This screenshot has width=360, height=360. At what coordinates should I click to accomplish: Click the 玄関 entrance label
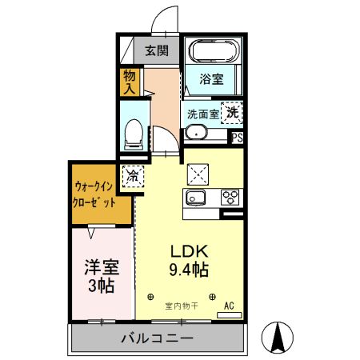[157, 50]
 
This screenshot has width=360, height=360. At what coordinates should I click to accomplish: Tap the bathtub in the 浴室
[214, 50]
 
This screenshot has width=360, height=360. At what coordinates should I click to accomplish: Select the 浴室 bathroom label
[211, 79]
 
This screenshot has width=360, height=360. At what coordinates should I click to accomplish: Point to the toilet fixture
[134, 134]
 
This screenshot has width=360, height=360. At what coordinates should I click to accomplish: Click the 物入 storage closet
[130, 82]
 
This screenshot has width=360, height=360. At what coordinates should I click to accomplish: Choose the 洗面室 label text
[203, 114]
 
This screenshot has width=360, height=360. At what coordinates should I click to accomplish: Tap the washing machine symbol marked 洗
[232, 113]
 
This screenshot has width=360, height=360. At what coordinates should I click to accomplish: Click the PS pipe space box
[238, 138]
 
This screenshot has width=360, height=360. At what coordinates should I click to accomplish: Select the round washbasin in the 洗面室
[196, 133]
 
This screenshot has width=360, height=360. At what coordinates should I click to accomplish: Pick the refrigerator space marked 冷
[133, 176]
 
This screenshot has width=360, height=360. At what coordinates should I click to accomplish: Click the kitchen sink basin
[195, 198]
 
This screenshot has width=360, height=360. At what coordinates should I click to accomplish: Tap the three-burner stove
[230, 198]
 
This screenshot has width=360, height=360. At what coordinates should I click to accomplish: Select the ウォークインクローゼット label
[94, 194]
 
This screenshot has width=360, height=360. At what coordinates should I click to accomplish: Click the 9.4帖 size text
[189, 270]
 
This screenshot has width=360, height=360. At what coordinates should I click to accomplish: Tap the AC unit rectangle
[230, 315]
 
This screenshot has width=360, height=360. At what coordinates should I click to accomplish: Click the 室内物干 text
[182, 306]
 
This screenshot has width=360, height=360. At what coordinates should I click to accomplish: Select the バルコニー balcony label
[157, 338]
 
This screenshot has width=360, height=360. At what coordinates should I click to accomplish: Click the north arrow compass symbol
[278, 338]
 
